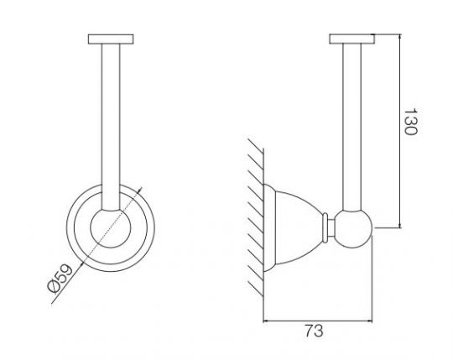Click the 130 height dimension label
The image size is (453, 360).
click(410, 122)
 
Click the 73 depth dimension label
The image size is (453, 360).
click(314, 331)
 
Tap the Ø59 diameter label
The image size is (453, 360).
click(60, 279)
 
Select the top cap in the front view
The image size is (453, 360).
click(111, 39)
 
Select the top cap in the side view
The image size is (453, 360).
click(352, 39)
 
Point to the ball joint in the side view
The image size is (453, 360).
click(352, 228)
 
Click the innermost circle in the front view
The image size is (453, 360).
click(111, 228)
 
